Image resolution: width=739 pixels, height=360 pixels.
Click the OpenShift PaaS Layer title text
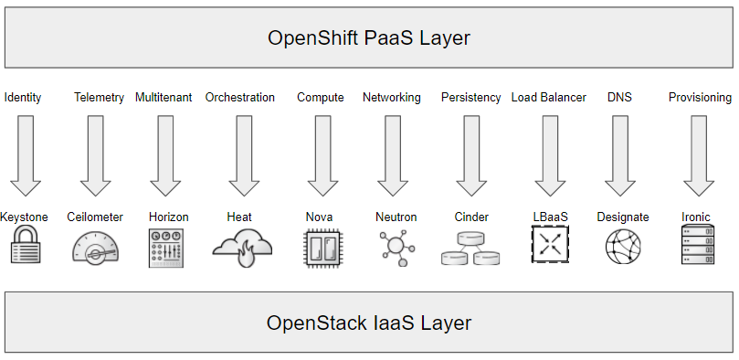pyautogui.click(x=369, y=37)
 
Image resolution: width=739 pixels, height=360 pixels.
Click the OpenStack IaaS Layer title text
pyautogui.click(x=369, y=323)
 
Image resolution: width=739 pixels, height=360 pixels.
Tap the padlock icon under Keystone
pyautogui.click(x=25, y=247)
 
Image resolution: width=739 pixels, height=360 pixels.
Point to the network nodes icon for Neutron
pyautogui.click(x=396, y=247)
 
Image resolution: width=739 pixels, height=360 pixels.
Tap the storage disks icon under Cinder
pyautogui.click(x=470, y=248)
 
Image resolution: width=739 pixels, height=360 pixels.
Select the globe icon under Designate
pyautogui.click(x=622, y=247)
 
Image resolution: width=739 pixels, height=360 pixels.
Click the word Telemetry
pyautogui.click(x=99, y=98)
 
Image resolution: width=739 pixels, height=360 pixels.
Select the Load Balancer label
pyautogui.click(x=548, y=98)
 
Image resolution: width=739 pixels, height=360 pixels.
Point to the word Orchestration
pyautogui.click(x=239, y=98)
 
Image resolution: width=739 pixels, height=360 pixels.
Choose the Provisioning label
pyautogui.click(x=700, y=98)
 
